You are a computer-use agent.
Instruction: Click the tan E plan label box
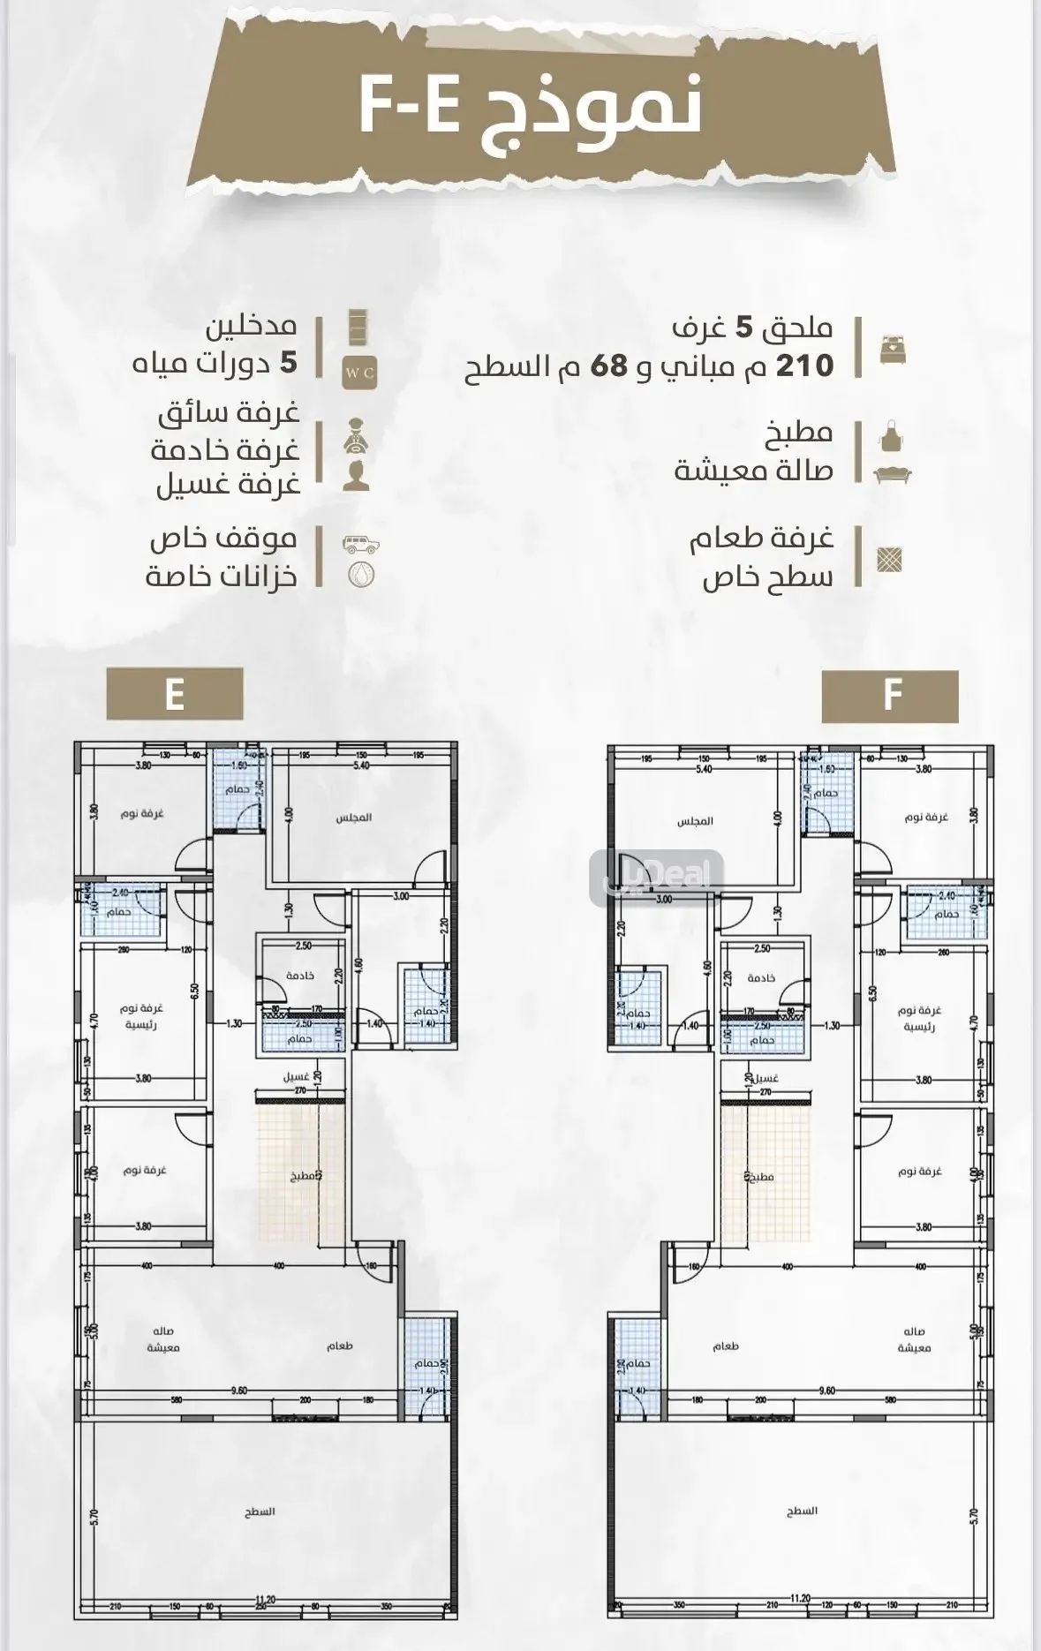pos(174,694)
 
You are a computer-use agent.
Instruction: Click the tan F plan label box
pos(890,697)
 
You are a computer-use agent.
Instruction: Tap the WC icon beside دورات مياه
pos(359,373)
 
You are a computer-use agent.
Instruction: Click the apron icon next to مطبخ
pos(892,436)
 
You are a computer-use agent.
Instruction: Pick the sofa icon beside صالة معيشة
pos(892,474)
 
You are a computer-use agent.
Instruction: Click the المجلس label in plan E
pos(353,818)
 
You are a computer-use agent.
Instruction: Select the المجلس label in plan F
pos(695,821)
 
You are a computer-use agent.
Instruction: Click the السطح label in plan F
pos(802,1511)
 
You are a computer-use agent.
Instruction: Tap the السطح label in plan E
pos(260,1512)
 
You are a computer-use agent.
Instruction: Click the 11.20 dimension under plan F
pos(800,1596)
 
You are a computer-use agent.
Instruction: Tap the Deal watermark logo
pos(657,877)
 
